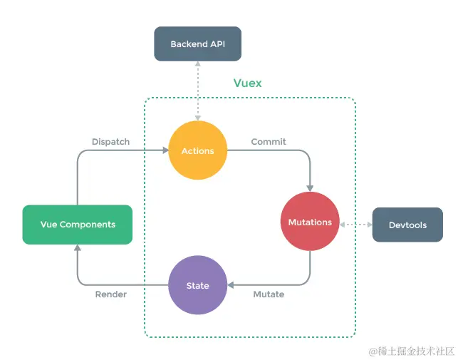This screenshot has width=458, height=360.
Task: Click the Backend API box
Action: [x=198, y=44]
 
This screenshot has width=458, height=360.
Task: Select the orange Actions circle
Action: [x=198, y=150]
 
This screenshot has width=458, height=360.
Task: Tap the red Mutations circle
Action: [x=310, y=222]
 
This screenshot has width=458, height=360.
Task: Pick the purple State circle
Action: [x=197, y=285]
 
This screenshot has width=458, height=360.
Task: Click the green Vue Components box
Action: [x=78, y=225]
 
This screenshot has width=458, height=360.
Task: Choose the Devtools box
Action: [x=407, y=225]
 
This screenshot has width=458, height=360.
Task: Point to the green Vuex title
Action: [x=247, y=83]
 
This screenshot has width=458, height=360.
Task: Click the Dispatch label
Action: [x=111, y=142]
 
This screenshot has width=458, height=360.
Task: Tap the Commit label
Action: [x=269, y=142]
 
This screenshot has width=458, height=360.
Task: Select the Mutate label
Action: [x=269, y=294]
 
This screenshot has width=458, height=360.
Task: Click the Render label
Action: [x=111, y=294]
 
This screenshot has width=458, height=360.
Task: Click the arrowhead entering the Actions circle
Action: [x=165, y=150]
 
